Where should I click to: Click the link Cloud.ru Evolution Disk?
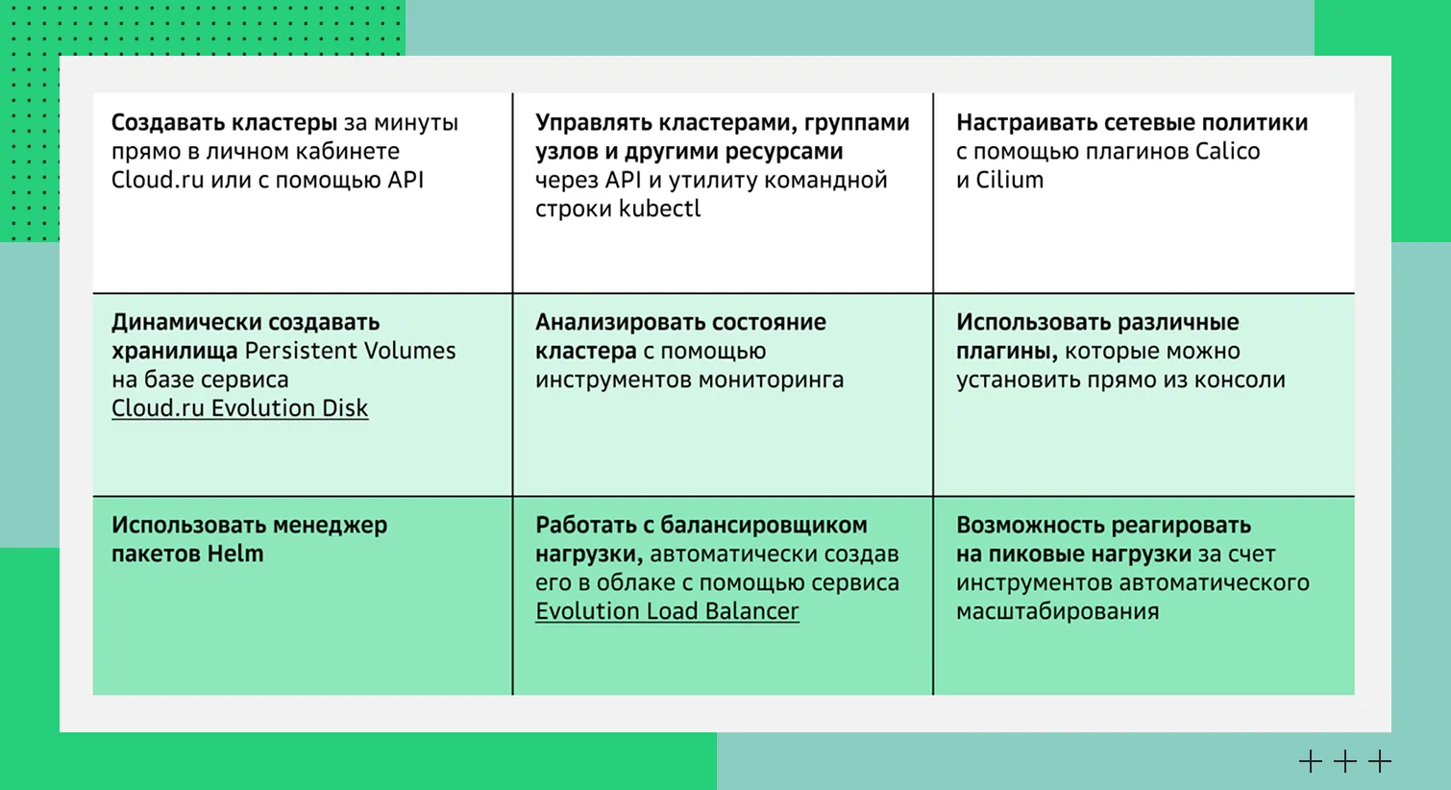pos(239,408)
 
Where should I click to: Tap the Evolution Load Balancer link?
pos(667,612)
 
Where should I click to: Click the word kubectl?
pos(660,209)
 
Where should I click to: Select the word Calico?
pos(1227,151)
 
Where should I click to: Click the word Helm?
pos(235,555)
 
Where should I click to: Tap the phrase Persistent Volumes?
pos(351,351)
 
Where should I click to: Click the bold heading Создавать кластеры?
pos(224,122)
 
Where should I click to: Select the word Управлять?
pos(591,122)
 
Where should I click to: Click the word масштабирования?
pos(1058,612)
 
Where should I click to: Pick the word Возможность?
pos(1030,526)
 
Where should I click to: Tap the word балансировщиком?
pos(764,526)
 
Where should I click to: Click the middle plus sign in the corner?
pos(1345,761)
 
